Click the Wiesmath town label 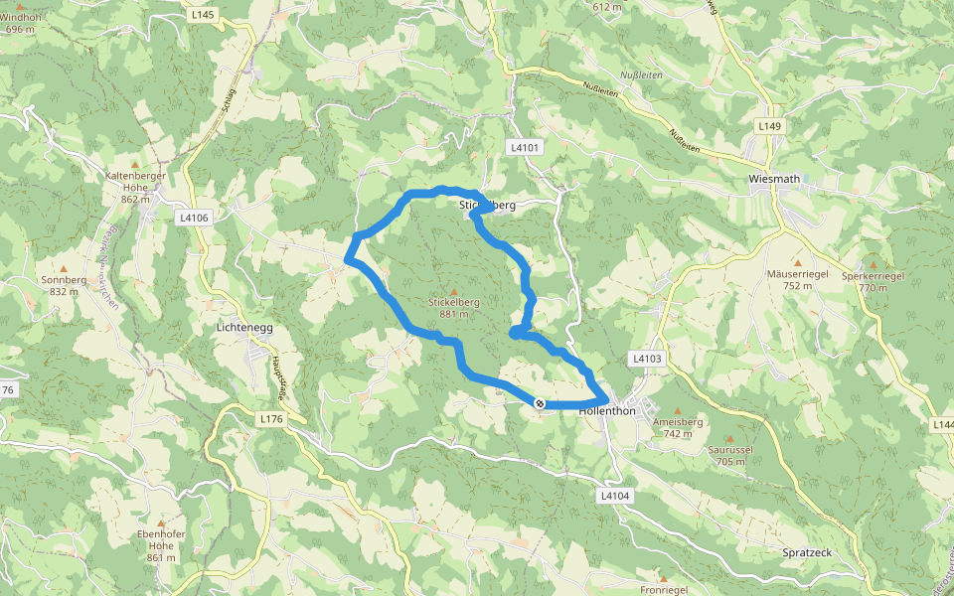[x=775, y=180]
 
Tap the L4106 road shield [x=194, y=217]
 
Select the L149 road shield [x=769, y=126]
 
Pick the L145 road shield [x=202, y=14]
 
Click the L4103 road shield [x=646, y=358]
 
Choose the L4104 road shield [x=616, y=495]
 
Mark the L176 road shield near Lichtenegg [x=271, y=420]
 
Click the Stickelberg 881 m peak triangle [x=454, y=291]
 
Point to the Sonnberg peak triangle [x=64, y=268]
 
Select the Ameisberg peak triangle [x=678, y=410]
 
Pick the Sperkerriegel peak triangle [x=872, y=265]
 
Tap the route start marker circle [x=539, y=403]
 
